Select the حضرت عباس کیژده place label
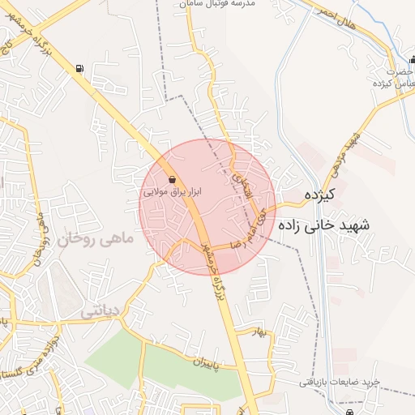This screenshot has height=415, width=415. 390,77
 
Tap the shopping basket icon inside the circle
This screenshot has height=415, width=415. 172,179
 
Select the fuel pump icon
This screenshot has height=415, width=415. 79,68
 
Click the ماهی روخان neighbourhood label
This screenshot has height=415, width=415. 89,238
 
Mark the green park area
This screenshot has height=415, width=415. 162,365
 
